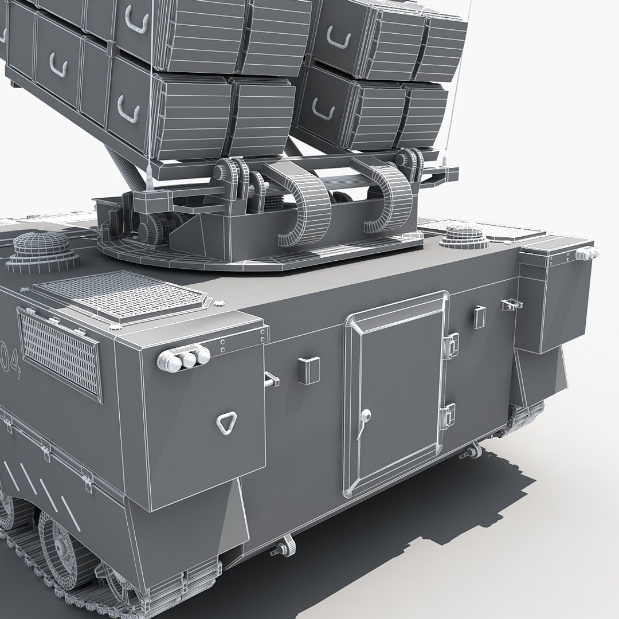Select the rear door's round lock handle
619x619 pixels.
click(x=365, y=416)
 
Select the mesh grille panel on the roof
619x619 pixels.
click(x=120, y=295)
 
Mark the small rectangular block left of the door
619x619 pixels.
click(x=308, y=370)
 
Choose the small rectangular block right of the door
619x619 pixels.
click(x=479, y=316)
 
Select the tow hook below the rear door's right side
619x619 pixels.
click(x=473, y=450)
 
